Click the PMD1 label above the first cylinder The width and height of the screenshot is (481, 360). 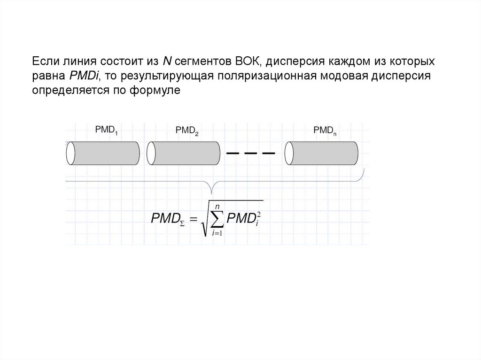tap(106, 130)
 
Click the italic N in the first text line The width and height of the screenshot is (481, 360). tap(167, 61)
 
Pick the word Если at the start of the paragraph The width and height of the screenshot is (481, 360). tap(44, 61)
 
